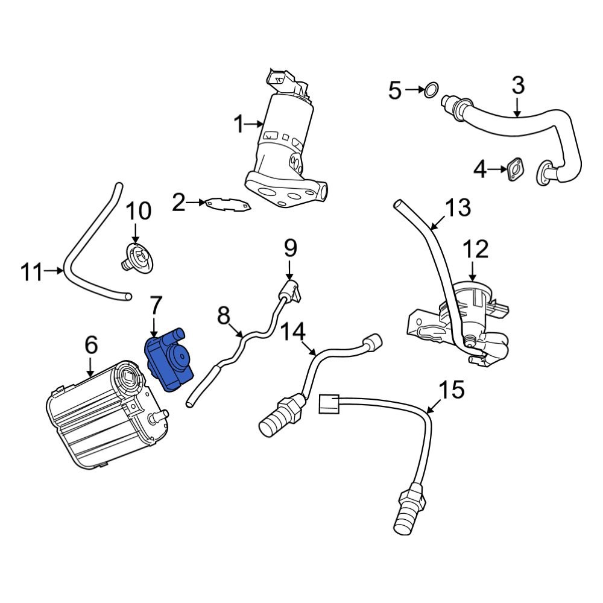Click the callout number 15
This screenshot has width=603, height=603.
[452, 390]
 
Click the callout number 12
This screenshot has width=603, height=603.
[475, 248]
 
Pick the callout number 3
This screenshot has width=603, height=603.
[518, 86]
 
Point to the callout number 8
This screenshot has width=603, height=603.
[224, 315]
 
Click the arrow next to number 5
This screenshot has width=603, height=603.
[415, 90]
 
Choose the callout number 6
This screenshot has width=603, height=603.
[90, 346]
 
